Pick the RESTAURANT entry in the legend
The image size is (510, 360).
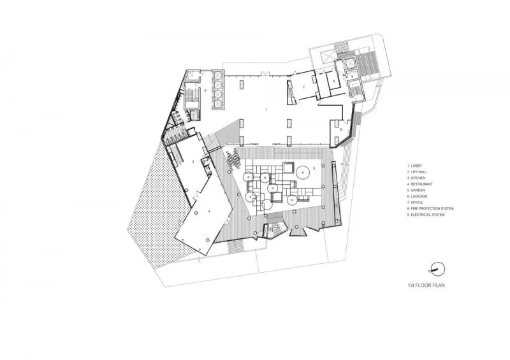pos(421,184)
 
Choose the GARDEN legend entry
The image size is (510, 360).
pos(418,191)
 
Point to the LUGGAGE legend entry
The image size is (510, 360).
pos(419,196)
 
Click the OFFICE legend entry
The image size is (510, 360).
pos(418,203)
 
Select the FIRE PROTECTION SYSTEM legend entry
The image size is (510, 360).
pos(430,208)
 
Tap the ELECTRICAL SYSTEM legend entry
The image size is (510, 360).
pos(426,215)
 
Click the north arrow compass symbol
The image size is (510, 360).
pos(437,268)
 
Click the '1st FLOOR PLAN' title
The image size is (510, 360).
pos(425,285)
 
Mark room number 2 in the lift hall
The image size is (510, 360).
pos(205,91)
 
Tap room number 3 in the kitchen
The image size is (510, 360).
pos(193,162)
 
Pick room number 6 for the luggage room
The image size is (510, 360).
pos(341,130)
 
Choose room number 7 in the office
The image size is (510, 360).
pos(304,87)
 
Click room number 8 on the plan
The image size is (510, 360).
pos(335,80)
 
